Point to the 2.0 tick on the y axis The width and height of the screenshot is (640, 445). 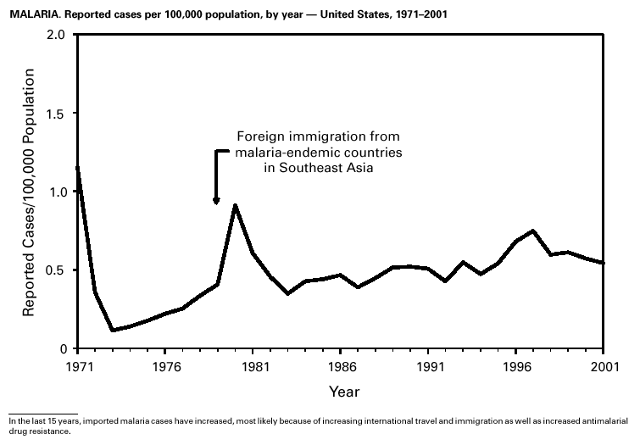tap(57, 35)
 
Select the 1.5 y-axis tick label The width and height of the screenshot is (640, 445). tap(57, 114)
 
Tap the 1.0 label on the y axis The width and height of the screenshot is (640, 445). tap(57, 192)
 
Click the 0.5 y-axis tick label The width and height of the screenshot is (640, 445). tap(57, 271)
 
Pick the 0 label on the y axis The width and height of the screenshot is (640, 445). tap(63, 349)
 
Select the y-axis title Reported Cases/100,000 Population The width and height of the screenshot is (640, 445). tap(29, 192)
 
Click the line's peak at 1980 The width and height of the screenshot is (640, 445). tap(235, 205)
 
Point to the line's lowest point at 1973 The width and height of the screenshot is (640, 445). tap(112, 331)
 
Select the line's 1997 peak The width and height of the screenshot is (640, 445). tap(533, 231)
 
